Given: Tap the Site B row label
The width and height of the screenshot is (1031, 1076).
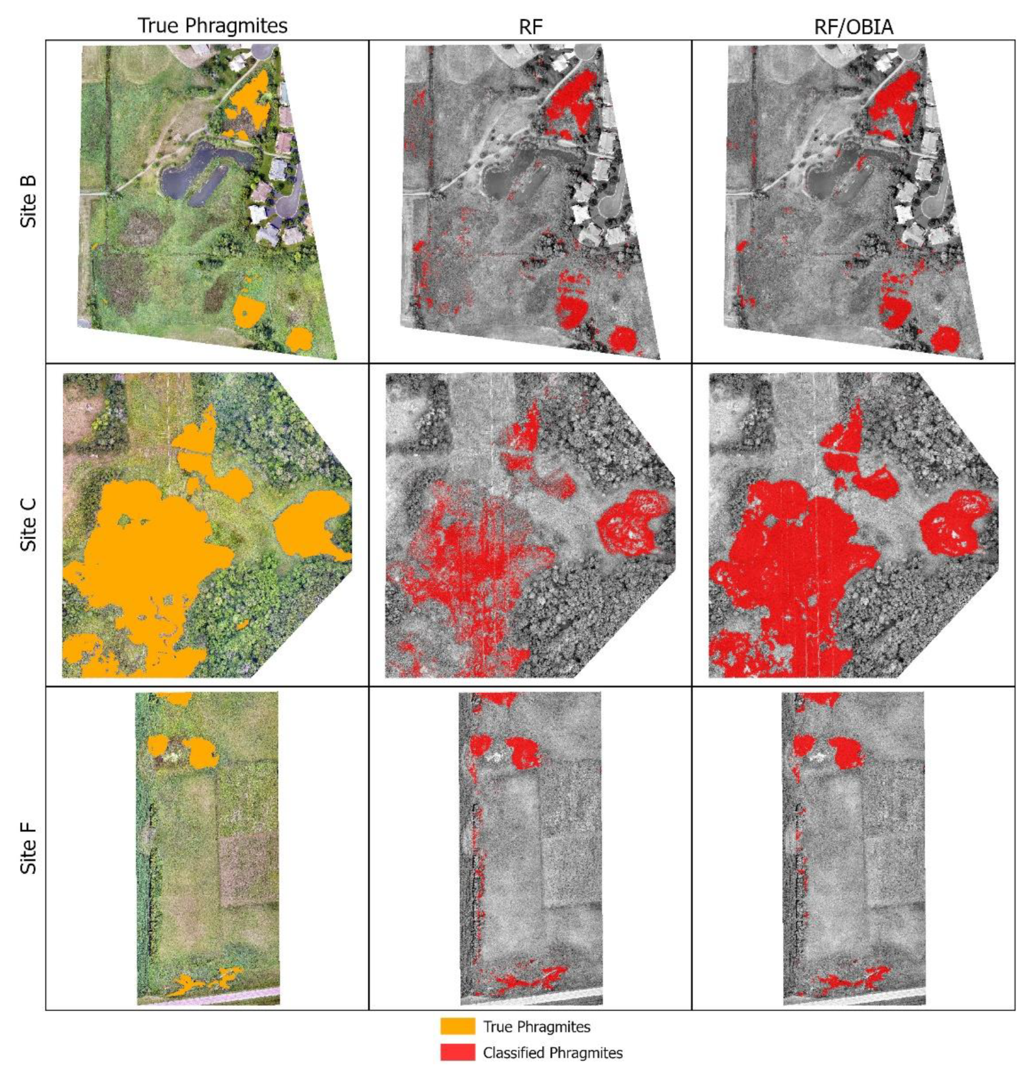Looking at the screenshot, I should point(29,201).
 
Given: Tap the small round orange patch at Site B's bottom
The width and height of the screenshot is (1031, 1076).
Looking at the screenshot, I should point(299,339).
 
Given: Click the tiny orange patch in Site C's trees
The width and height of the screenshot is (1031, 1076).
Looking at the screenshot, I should point(241,624).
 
